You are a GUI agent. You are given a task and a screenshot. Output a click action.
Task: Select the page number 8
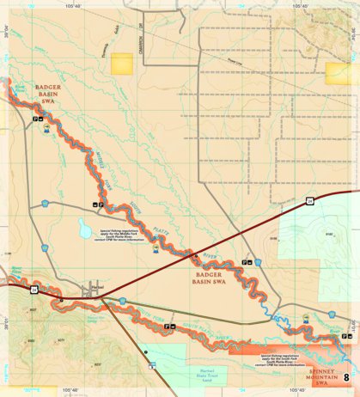[347, 376]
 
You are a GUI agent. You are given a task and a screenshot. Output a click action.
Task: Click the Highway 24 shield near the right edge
[307, 199]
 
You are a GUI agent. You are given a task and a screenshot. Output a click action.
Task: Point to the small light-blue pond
[84, 229]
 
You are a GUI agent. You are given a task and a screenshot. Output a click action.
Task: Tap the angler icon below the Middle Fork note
[156, 249]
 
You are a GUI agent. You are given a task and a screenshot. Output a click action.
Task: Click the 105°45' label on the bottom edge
[296, 391]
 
